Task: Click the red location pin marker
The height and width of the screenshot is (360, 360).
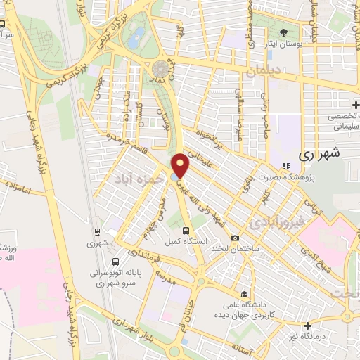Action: tap(181, 166)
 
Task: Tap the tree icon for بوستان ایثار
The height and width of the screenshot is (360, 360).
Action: tap(284, 32)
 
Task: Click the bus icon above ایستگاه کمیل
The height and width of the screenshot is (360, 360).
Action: tap(186, 230)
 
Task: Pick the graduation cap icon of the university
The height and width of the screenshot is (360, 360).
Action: tap(244, 294)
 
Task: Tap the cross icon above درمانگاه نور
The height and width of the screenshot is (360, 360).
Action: tap(307, 325)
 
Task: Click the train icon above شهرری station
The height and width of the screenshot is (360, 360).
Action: tap(96, 231)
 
